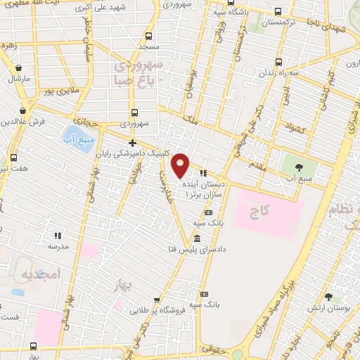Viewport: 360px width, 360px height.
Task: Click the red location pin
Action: [x=181, y=165]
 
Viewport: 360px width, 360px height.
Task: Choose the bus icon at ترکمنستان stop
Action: [x=279, y=12]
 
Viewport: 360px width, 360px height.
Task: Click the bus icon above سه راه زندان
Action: [x=279, y=61]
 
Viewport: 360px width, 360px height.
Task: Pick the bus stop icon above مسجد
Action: [x=148, y=36]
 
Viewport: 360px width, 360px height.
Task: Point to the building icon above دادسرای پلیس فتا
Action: [x=196, y=238]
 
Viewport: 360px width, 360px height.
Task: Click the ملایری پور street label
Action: [x=57, y=91]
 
